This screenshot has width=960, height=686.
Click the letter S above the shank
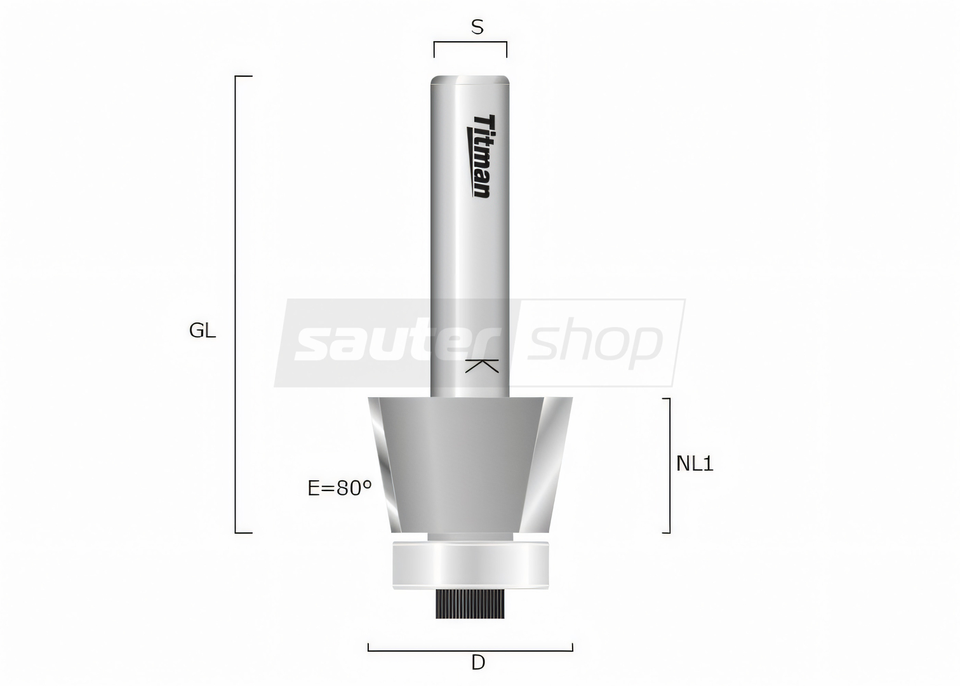click(477, 27)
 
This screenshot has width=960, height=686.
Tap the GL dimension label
click(203, 330)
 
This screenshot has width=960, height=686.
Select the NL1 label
click(695, 464)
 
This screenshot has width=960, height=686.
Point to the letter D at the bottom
click(478, 663)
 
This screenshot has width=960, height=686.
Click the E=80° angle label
click(340, 488)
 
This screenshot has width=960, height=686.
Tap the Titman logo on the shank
click(482, 156)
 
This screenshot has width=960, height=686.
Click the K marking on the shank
click(482, 366)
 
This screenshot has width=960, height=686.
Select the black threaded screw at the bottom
click(470, 604)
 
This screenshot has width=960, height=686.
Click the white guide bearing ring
click(470, 565)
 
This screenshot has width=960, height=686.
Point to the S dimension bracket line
click(470, 42)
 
